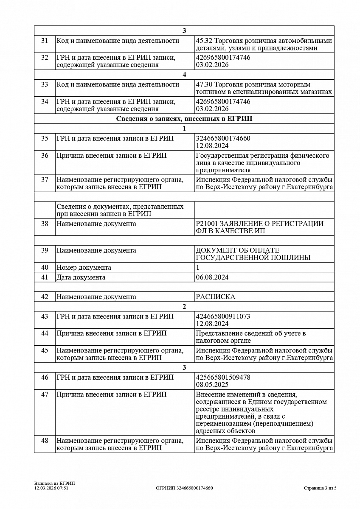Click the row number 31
coord(45,41)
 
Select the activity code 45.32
coord(204,41)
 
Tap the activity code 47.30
coord(204,84)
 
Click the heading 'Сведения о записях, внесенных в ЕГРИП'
coord(184,119)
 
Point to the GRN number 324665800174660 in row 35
coord(223,138)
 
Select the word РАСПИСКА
coord(215,297)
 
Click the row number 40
coord(45,268)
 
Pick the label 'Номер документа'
coord(84,268)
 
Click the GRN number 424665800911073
coord(223,316)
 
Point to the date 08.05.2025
coord(212,385)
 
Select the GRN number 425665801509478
coord(223,377)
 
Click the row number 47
coord(45,394)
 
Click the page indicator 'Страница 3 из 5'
coord(320,488)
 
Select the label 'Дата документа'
coord(81,277)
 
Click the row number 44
coord(45,333)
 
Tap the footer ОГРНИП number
coord(184,488)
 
